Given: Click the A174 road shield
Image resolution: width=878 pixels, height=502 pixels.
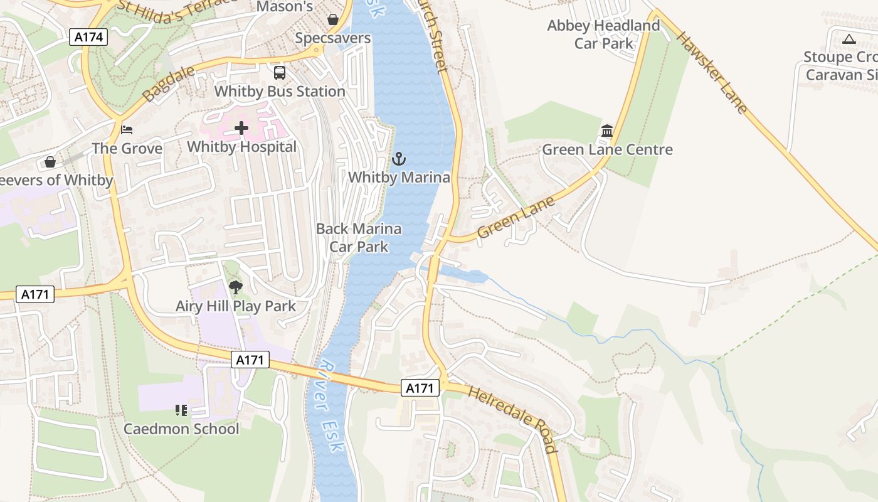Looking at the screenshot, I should [x=88, y=37].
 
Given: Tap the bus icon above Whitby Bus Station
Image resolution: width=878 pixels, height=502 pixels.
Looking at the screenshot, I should [x=280, y=72].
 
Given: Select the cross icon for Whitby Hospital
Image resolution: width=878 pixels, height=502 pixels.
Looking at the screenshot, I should [x=241, y=129].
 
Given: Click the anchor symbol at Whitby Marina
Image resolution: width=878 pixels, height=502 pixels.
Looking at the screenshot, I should [x=399, y=159].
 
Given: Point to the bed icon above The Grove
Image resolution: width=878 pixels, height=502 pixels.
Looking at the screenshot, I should [x=127, y=130].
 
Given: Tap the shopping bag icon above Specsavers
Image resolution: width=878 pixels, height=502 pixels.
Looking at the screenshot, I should [x=333, y=19].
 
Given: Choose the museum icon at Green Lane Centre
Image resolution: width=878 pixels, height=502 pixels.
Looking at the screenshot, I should [x=607, y=131].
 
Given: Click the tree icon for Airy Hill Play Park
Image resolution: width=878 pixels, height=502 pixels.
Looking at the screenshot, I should [x=236, y=287].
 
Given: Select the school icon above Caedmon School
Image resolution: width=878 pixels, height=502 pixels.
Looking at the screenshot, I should [x=181, y=410].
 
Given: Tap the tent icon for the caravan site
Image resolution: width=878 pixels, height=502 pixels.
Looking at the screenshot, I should [x=849, y=39].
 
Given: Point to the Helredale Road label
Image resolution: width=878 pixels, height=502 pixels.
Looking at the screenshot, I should [x=512, y=419].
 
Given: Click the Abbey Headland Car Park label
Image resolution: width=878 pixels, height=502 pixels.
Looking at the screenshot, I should [x=603, y=35].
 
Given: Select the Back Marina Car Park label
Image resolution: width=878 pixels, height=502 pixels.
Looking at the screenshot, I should [x=359, y=238].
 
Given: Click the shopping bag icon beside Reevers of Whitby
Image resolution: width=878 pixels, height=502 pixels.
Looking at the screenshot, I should [x=50, y=163].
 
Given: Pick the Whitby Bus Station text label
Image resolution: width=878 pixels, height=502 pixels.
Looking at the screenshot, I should [x=280, y=92].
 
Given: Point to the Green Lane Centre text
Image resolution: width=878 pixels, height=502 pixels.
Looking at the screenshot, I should [x=607, y=150].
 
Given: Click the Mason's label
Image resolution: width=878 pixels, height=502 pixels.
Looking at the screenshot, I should [x=285, y=7].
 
